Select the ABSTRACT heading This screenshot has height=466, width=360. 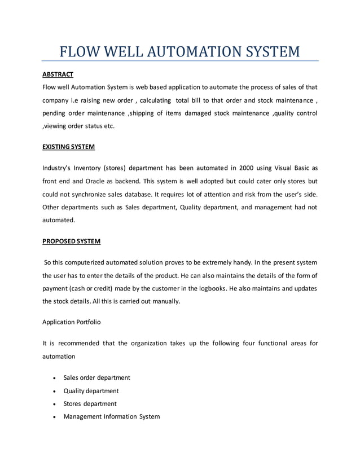pyautogui.click(x=58, y=74)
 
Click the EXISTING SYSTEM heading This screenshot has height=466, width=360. pyautogui.click(x=69, y=147)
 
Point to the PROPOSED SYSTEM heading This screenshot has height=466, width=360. pyautogui.click(x=72, y=241)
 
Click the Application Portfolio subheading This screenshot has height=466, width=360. pyautogui.click(x=74, y=322)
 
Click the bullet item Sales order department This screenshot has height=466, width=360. pyautogui.click(x=96, y=377)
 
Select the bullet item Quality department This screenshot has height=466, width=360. pyautogui.click(x=91, y=390)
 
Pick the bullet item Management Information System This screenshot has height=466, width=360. pyautogui.click(x=111, y=417)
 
